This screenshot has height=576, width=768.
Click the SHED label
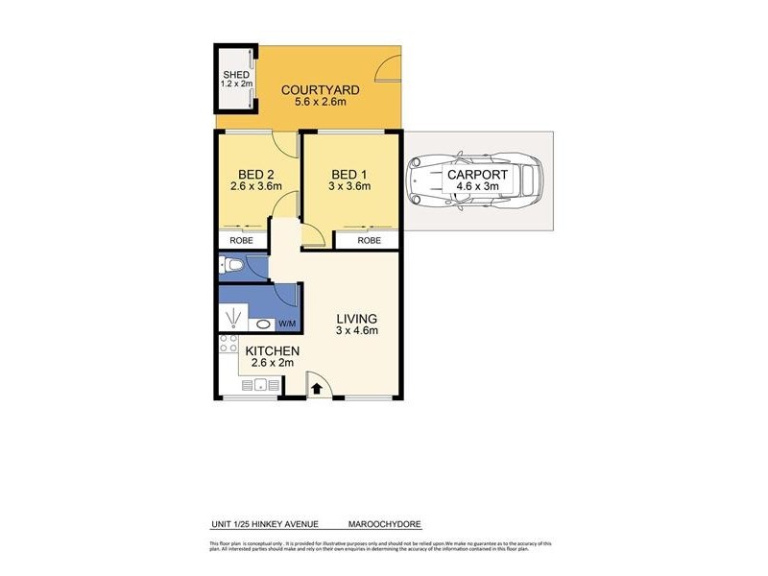pyautogui.click(x=235, y=74)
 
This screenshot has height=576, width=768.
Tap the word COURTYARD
pyautogui.click(x=320, y=90)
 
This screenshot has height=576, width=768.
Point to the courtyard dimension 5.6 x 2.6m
pyautogui.click(x=320, y=105)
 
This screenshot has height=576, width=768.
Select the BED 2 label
pyautogui.click(x=255, y=174)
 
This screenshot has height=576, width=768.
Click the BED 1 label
pyautogui.click(x=350, y=174)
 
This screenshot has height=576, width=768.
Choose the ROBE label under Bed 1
pyautogui.click(x=369, y=241)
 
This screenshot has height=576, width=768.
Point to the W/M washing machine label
pyautogui.click(x=288, y=322)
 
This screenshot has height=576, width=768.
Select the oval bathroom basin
pyautogui.click(x=264, y=324)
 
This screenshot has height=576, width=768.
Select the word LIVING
pyautogui.click(x=355, y=319)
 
